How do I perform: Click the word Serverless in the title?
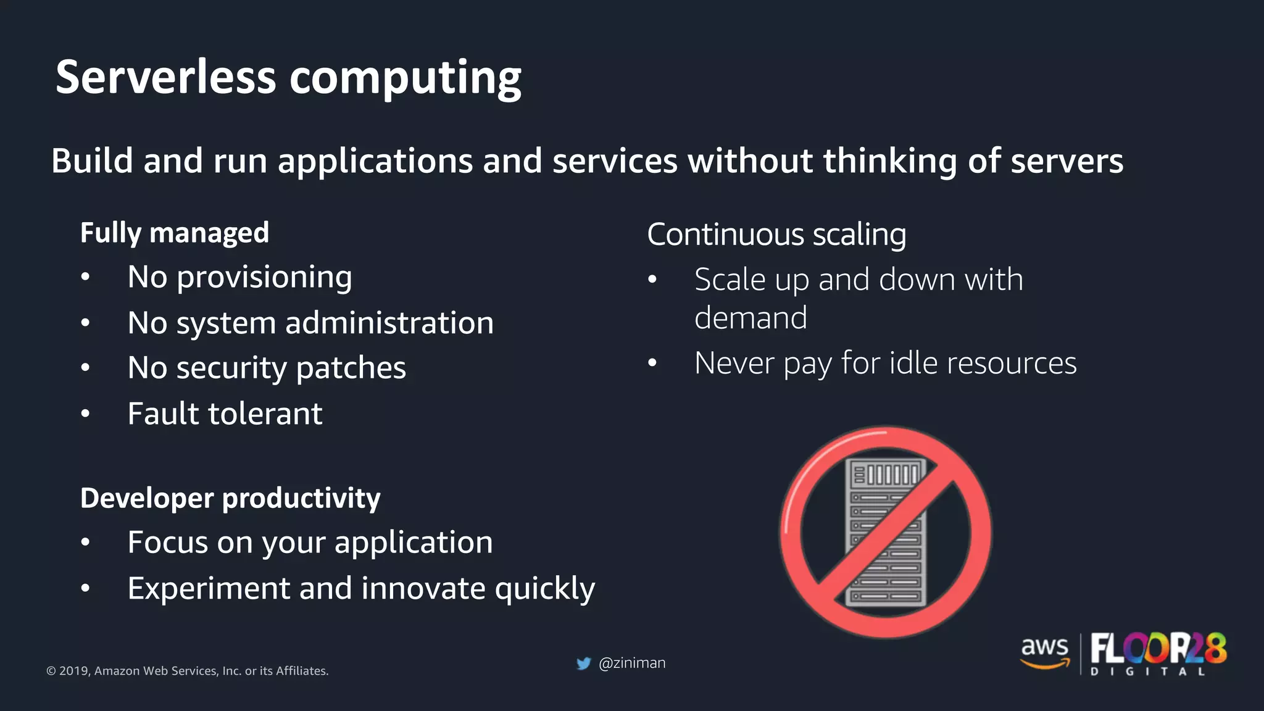coord(165,78)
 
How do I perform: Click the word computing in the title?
coord(405,79)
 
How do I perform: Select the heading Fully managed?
coord(175,233)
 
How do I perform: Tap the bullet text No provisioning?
coord(239,277)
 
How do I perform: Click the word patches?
coord(351,368)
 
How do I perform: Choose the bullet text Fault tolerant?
coord(225,414)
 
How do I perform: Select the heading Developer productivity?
coord(230,498)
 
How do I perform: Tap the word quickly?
coord(544,589)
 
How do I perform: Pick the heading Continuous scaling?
coord(776,235)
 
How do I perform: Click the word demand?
coord(750,318)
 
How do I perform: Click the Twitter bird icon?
coord(583,663)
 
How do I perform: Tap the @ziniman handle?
coord(632,663)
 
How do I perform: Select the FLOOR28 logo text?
coord(1158,649)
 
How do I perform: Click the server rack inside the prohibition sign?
coord(885,532)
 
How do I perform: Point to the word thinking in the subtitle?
coord(890,161)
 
